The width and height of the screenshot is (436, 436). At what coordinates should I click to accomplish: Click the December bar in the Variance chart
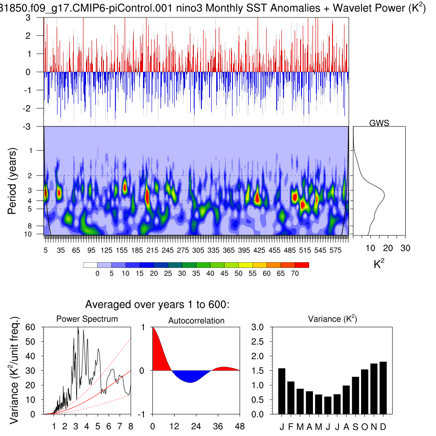point(383,387)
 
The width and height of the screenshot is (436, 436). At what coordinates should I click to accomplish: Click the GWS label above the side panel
point(379,123)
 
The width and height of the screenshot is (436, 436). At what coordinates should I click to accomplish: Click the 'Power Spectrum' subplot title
point(87,318)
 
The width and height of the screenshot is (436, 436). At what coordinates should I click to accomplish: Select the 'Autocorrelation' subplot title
point(196,321)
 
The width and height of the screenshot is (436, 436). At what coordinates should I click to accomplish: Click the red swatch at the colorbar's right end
point(302,265)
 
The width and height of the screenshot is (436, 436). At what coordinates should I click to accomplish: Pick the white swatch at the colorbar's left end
point(90,265)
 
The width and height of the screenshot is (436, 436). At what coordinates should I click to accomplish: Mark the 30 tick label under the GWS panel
point(405,248)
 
